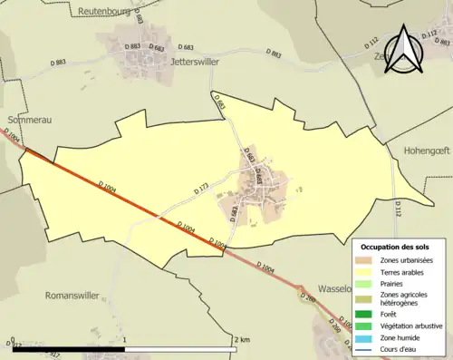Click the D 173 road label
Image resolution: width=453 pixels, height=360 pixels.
click(x=201, y=190)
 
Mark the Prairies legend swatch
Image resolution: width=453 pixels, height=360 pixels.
click(x=367, y=284)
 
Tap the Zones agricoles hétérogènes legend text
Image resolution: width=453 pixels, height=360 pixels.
click(x=404, y=299)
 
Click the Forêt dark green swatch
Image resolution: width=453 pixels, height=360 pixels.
click(x=367, y=315)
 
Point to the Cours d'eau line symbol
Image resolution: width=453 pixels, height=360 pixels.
click(x=367, y=348)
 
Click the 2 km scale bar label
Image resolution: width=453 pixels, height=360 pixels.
click(x=240, y=340)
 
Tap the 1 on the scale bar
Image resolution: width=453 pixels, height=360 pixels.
click(x=124, y=340)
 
